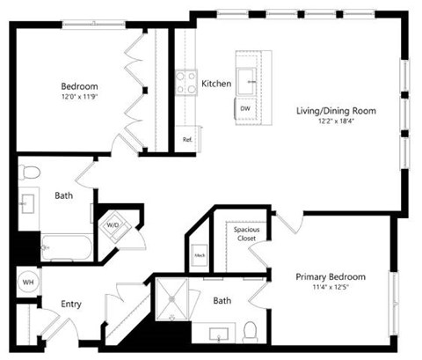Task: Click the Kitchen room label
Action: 216,84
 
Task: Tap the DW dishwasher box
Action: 245,108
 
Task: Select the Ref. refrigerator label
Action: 187,140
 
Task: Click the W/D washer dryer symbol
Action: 114,225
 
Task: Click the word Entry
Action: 71,305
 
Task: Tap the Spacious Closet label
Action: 245,234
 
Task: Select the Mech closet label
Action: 199,257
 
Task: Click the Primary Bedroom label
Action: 330,276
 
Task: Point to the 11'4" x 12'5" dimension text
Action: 330,288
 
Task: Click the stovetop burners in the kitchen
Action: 187,83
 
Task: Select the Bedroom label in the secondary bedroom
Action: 78,86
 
